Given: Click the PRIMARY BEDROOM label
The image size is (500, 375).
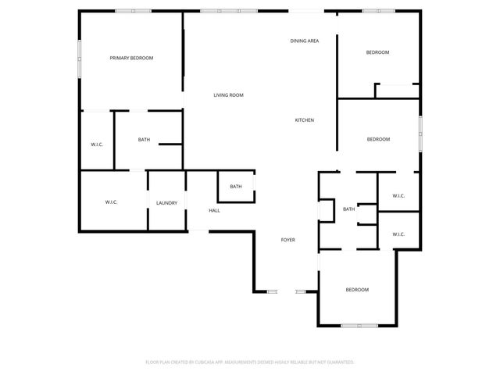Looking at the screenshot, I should tap(131, 58).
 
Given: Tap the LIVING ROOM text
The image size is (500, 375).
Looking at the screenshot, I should tap(229, 95).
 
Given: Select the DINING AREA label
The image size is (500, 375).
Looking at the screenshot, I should tap(305, 41).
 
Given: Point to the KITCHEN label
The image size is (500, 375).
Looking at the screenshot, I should tap(305, 120).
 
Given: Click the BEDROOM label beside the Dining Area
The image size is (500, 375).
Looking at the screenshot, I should tap(378, 52).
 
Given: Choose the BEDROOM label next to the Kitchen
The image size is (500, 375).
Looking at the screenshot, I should tap(378, 139).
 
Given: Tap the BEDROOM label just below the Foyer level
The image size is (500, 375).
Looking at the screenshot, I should tap(357, 290).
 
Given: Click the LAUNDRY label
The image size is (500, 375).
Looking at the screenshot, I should tap(166, 203).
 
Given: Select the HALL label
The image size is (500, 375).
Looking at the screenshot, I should tap(214, 211).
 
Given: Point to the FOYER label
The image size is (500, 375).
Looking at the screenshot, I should tap(288, 239).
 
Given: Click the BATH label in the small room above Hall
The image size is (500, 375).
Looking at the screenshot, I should tap(236, 187).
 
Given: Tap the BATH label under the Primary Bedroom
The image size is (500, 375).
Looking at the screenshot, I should tap(144, 140).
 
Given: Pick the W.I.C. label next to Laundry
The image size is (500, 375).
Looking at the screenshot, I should tap(111, 203).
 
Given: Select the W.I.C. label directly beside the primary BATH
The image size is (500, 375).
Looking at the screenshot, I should tap(97, 145).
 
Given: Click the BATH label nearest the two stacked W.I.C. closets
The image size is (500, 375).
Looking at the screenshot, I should tap(348, 209).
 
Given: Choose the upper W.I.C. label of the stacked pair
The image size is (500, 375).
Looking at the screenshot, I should tap(398, 196).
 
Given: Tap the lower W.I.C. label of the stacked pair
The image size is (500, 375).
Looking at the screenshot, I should tap(398, 234).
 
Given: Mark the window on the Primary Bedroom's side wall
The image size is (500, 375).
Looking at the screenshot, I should tap(79, 59).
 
